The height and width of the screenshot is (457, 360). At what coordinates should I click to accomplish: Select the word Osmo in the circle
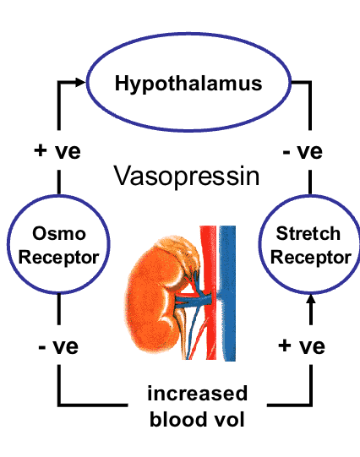[x=58, y=234]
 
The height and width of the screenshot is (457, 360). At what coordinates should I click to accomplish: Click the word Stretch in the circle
[x=310, y=234]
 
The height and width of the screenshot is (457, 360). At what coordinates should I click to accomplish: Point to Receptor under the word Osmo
[x=58, y=258]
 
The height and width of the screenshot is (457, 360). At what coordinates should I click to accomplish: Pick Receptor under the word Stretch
[x=310, y=258]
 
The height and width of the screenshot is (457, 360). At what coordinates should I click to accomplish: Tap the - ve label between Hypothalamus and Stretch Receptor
[x=302, y=153]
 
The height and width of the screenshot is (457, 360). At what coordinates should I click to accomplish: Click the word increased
[x=197, y=393]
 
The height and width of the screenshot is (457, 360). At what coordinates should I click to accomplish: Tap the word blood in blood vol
[x=176, y=419]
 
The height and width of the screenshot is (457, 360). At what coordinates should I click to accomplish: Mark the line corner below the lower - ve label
[x=58, y=402]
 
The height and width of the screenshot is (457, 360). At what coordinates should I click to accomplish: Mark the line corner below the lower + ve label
[x=310, y=402]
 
